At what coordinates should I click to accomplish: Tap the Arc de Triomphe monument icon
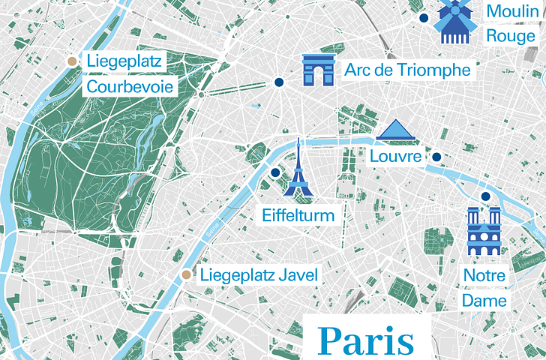pos(318,70)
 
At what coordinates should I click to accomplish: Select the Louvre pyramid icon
pos(396,130)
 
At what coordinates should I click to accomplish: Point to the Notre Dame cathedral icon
pos(484,232)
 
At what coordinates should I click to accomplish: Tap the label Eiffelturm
pos(298,216)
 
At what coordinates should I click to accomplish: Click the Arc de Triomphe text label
pos(407,70)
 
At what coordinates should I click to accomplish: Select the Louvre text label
pos(395,157)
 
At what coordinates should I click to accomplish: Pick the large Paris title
pos(367,340)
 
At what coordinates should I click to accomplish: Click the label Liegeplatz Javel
pos(259,275)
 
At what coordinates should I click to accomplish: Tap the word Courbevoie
pos(130,87)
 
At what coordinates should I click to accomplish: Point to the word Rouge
pos(511,35)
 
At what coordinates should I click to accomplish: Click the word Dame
pos(484,301)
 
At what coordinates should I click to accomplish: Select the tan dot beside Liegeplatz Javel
pos(184,275)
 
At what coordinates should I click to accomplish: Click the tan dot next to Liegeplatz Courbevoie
pos(71,61)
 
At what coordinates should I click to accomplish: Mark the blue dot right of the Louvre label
pos(436,157)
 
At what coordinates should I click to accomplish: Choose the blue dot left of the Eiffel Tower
pos(274,172)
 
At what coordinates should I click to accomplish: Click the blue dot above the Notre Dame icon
pos(485,196)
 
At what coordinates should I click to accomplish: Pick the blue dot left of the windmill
pos(424,17)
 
